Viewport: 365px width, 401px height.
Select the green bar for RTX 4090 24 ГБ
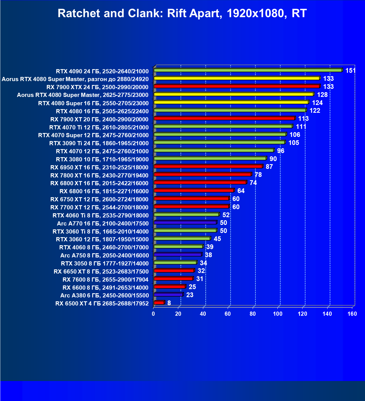click(x=247, y=70)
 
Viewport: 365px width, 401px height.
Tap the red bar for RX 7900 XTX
click(x=236, y=86)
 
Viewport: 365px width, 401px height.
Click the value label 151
click(x=351, y=71)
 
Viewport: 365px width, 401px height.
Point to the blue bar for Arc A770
click(x=185, y=222)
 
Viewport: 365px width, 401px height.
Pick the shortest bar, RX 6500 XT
click(x=159, y=302)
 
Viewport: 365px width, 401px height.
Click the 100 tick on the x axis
click(x=278, y=314)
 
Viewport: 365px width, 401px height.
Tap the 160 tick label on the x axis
click(x=352, y=314)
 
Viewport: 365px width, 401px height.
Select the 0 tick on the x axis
click(x=153, y=314)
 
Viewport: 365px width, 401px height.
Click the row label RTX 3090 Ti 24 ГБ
click(x=99, y=143)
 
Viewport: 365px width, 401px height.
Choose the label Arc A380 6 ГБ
click(x=104, y=295)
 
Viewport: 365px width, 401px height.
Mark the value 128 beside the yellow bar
click(x=322, y=95)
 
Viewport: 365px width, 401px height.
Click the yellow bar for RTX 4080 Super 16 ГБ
click(x=231, y=102)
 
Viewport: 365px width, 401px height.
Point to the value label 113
click(x=303, y=119)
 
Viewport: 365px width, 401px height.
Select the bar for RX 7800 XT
click(x=202, y=174)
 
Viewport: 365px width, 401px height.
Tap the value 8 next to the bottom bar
click(x=169, y=303)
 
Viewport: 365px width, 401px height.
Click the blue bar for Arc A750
click(x=177, y=254)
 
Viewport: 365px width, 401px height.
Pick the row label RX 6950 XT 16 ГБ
click(x=99, y=167)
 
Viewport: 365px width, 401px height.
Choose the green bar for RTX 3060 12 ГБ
click(x=182, y=238)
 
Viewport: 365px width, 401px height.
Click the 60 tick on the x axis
click(x=228, y=314)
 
